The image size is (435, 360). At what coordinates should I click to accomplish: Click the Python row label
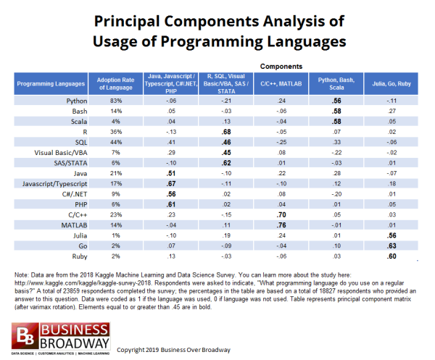(67, 101)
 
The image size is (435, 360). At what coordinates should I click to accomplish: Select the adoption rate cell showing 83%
(108, 101)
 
